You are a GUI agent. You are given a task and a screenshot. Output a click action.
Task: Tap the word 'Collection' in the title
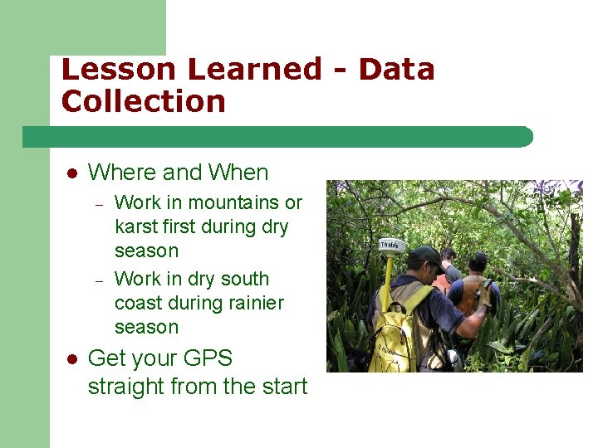pos(143,102)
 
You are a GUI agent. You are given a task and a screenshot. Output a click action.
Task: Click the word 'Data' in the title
pos(396,70)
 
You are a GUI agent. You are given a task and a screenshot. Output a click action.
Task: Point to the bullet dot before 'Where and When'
pos(72,173)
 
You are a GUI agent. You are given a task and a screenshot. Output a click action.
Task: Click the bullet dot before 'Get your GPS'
pos(72,359)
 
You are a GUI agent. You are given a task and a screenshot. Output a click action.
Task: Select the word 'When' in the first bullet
pos(238,173)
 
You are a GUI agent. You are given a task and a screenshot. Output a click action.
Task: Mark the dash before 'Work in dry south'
pos(97,280)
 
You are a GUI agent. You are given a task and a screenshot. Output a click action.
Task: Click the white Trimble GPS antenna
pos(390,245)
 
